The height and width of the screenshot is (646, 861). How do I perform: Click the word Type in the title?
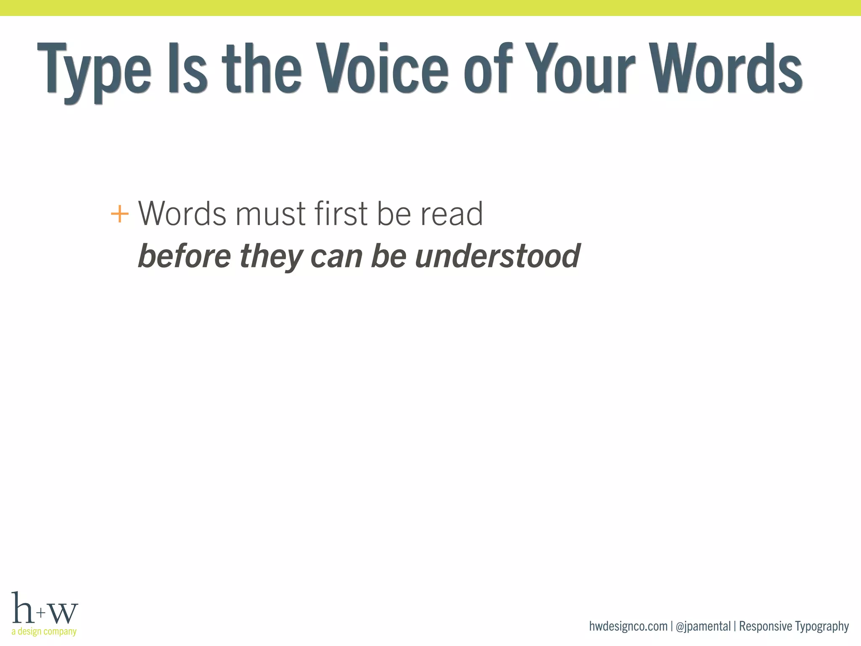point(94,69)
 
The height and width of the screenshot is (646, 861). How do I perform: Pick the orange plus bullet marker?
point(119,214)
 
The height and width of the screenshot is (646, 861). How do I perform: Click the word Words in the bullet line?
point(182,214)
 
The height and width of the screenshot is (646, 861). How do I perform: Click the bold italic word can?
point(336,257)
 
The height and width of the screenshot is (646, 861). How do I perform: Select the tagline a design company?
point(44,631)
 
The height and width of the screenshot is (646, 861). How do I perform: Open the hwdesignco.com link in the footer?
point(628,626)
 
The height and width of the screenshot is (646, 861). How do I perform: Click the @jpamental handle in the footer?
point(703,626)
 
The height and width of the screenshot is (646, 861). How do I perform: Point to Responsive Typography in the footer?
point(794,626)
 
